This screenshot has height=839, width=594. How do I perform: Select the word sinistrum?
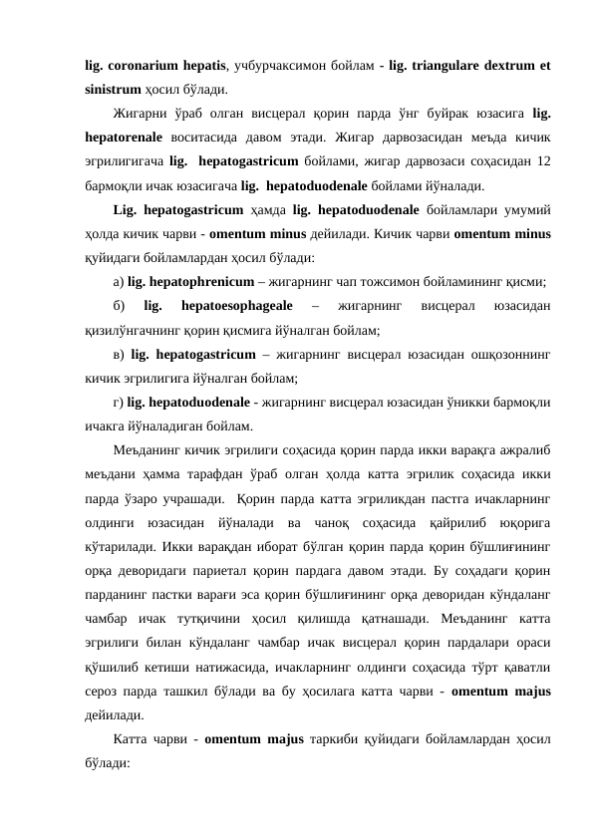click(x=113, y=88)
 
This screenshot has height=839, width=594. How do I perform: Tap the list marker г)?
click(x=119, y=400)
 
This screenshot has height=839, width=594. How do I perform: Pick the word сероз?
click(x=104, y=687)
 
